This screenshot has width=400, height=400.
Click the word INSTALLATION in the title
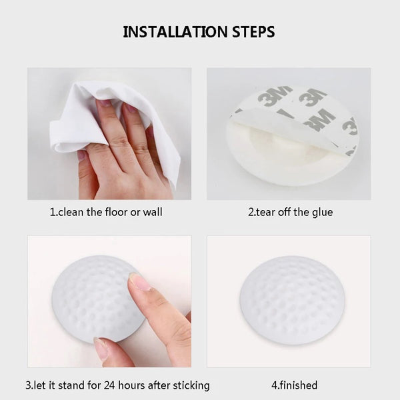point(175,32)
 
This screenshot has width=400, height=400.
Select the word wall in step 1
point(153,212)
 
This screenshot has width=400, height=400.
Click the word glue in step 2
point(323,213)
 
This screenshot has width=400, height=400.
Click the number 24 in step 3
point(110,385)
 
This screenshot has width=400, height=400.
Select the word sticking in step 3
point(191,386)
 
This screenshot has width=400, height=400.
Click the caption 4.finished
point(295,385)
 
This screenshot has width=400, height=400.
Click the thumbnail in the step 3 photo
point(101,347)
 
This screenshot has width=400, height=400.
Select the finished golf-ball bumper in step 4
point(291,300)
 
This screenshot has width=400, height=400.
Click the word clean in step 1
point(71,212)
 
